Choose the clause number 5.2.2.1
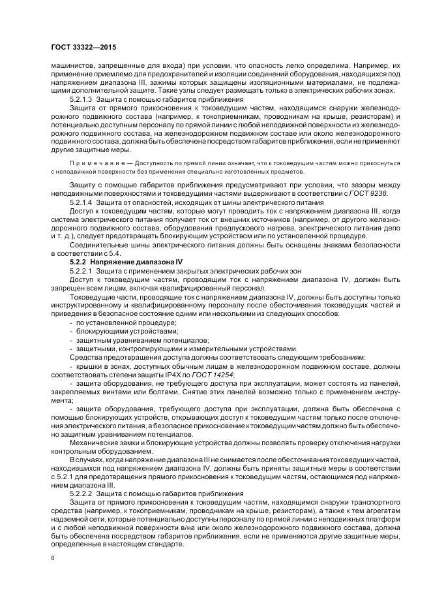tap(82, 270)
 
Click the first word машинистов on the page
tap(71, 65)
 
